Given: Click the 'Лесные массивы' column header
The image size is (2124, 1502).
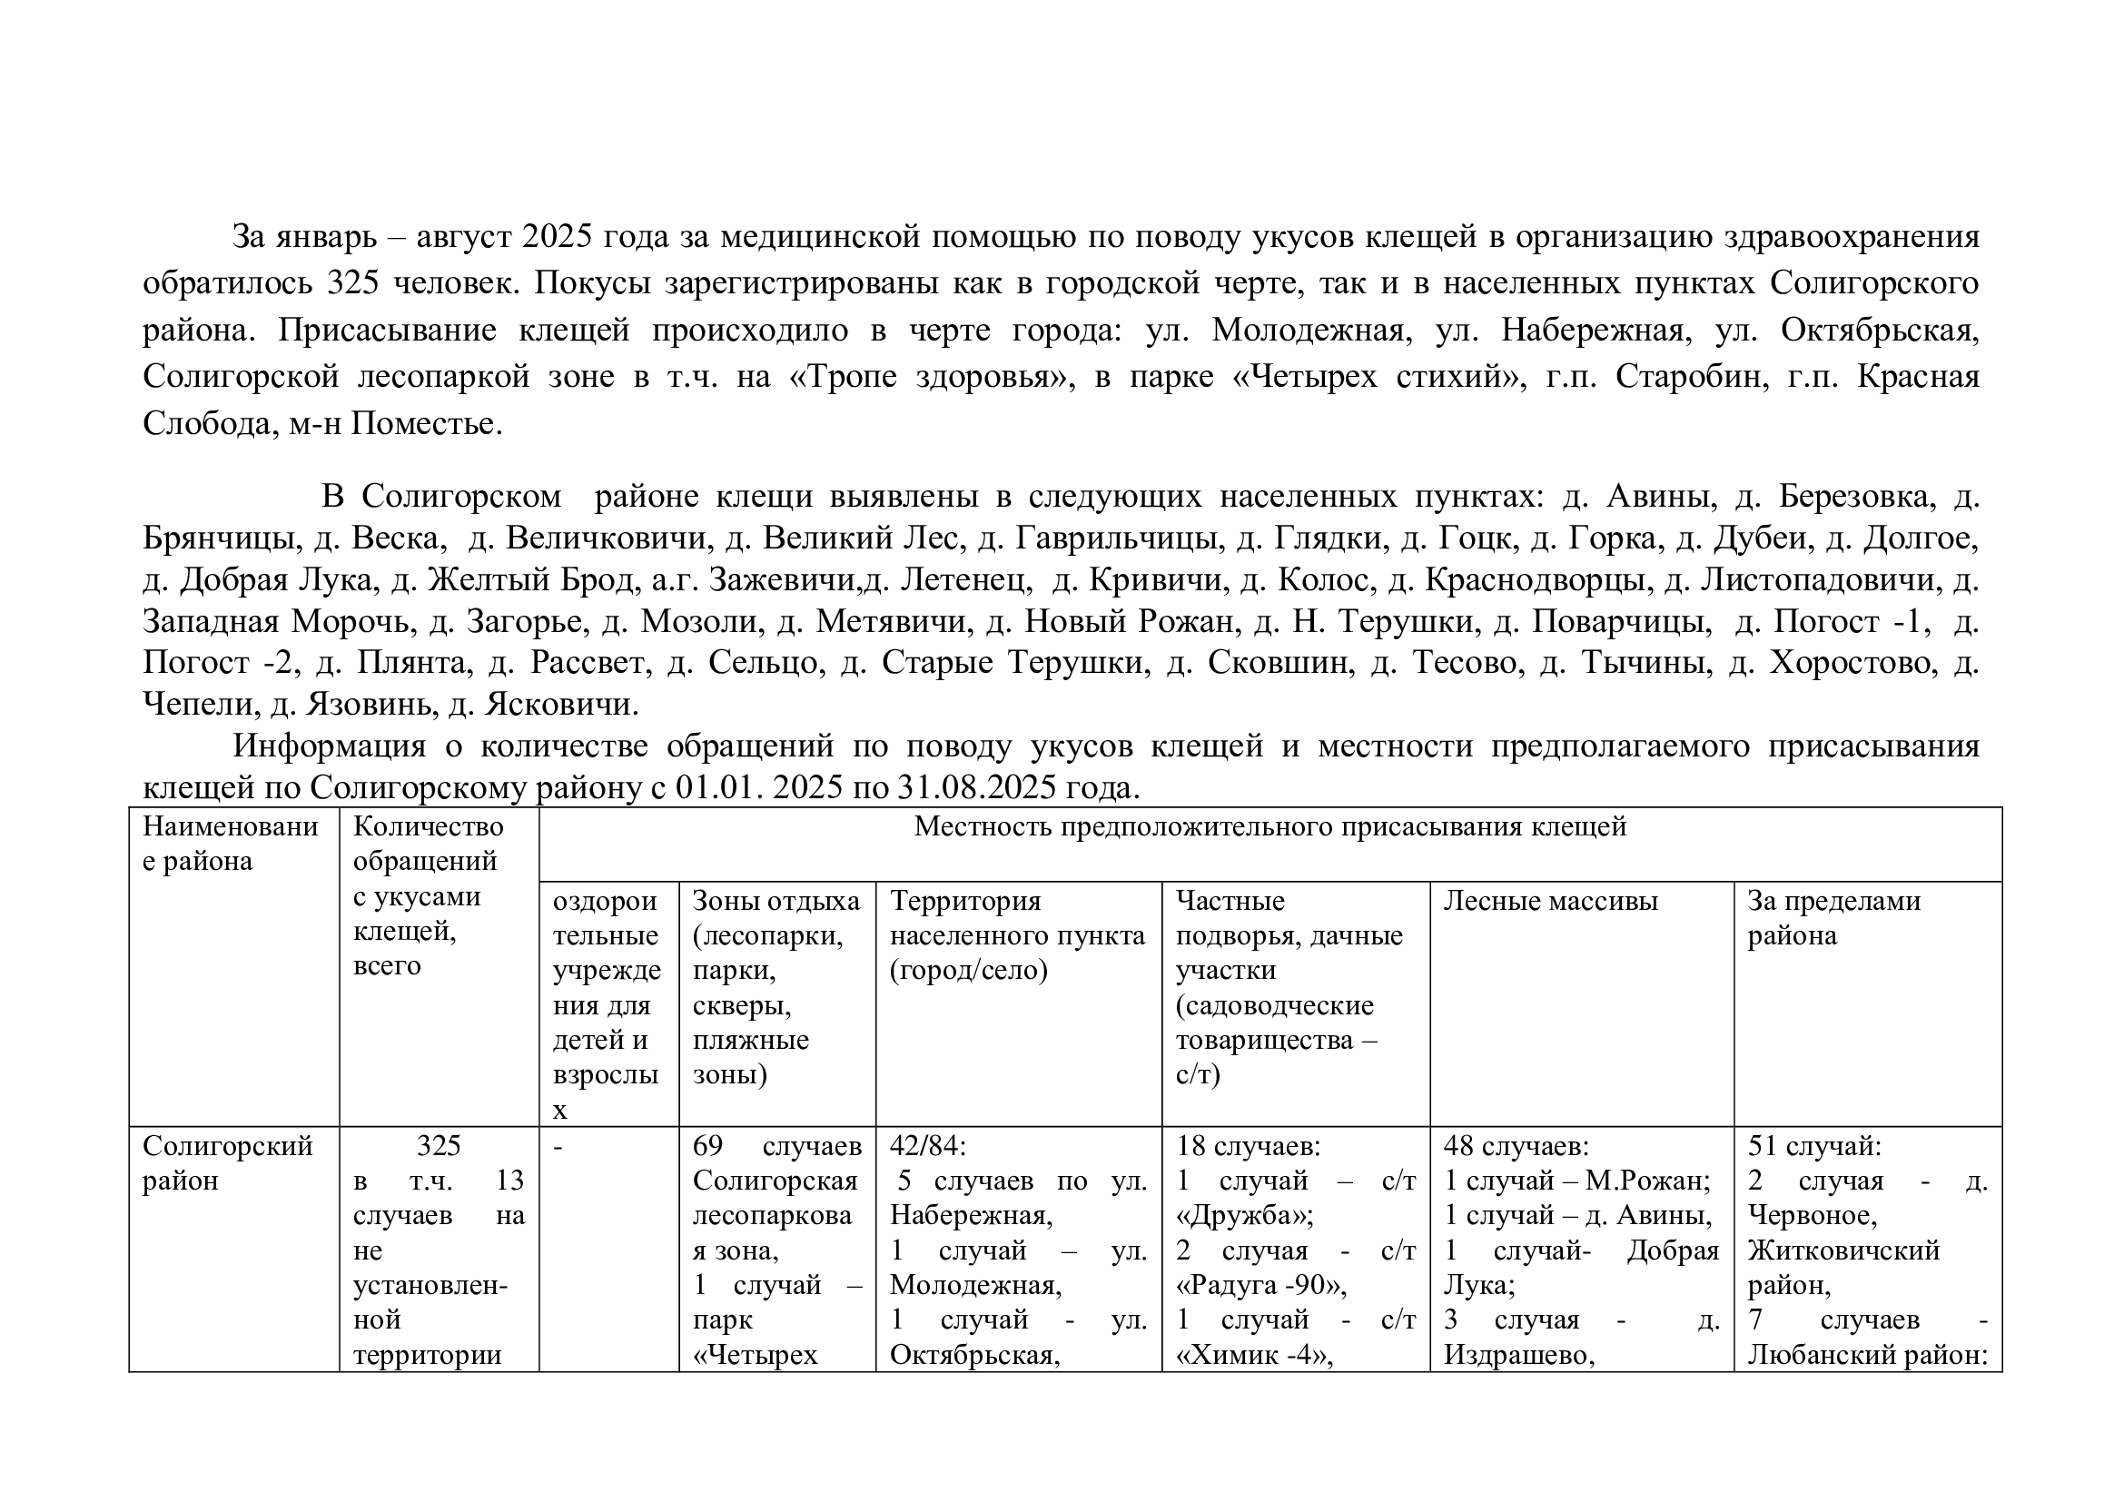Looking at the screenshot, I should [x=1550, y=901].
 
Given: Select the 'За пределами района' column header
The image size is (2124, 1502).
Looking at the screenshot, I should [x=1833, y=917].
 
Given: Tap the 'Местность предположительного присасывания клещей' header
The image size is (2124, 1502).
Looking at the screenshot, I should [x=1269, y=825].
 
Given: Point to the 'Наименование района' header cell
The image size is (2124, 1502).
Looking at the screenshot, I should [x=230, y=843].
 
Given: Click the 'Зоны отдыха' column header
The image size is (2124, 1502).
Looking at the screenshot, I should [x=776, y=901].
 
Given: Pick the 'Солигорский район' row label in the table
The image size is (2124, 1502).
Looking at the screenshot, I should [x=227, y=1162].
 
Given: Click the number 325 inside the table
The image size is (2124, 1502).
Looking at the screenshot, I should [x=439, y=1146].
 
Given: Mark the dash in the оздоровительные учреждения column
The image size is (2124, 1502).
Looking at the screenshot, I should [x=558, y=1147].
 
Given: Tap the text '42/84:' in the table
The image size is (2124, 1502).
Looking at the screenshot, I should [x=927, y=1146].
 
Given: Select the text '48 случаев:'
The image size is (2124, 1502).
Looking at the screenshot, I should [x=1516, y=1146].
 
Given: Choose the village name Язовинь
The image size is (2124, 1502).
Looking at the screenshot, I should [x=368, y=705].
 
